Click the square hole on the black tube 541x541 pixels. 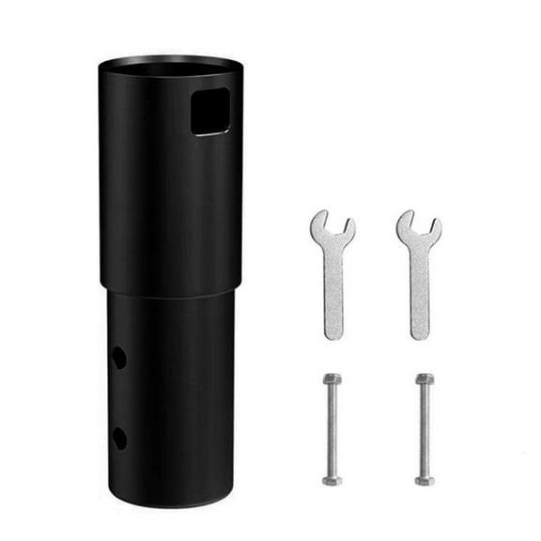point(209,114)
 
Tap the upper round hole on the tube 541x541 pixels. point(119,357)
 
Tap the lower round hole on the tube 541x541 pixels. point(119,437)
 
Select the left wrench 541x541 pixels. point(332,272)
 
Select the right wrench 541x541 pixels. point(418,272)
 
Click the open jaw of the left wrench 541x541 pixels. point(332,222)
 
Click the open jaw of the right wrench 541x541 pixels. point(419,222)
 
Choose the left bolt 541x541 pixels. point(332,427)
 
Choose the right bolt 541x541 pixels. point(425,427)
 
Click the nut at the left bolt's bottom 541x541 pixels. point(332,479)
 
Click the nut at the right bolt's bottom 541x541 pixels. point(425,479)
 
